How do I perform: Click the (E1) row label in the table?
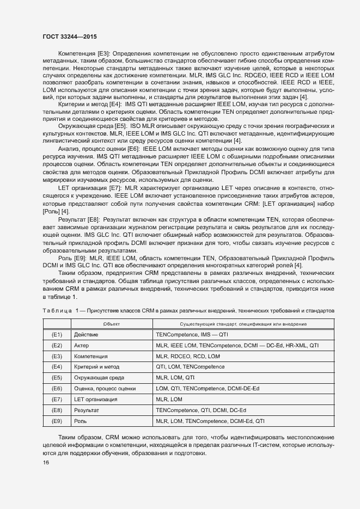[x=57, y=334]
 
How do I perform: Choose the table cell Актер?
[x=82, y=345]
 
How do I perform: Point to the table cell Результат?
[x=87, y=410]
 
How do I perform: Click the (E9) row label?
[x=57, y=421]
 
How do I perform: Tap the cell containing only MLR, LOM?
[x=169, y=399]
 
